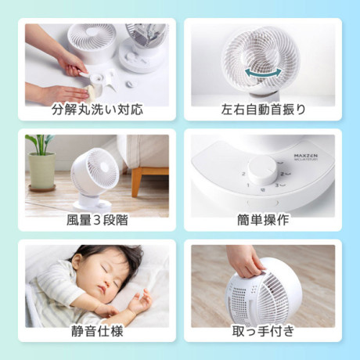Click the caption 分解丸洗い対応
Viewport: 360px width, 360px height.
pos(97,110)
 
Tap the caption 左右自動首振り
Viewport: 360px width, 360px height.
pos(263,110)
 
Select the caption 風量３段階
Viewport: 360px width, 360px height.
pos(97,220)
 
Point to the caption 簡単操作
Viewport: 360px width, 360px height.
pos(263,220)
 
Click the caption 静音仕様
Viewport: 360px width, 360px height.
pos(97,331)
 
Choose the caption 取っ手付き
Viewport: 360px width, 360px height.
pos(263,331)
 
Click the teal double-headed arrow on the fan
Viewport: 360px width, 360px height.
pos(264,74)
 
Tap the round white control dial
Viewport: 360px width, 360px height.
pos(263,171)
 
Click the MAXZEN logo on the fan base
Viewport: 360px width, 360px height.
pos(306,156)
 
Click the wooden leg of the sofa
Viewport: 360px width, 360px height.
pos(136,182)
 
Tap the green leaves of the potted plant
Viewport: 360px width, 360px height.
pos(41,143)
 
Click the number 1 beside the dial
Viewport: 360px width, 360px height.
pos(248,185)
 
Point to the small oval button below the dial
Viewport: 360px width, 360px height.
pos(263,203)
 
